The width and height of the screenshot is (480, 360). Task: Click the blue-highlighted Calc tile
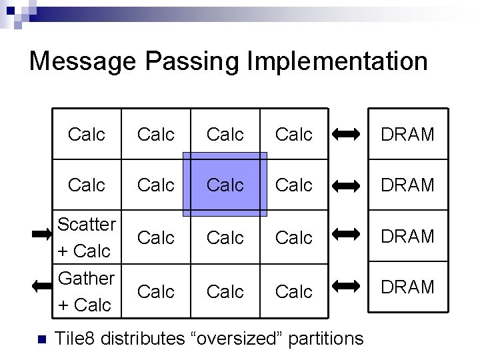(225, 185)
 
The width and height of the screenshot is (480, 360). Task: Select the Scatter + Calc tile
(87, 237)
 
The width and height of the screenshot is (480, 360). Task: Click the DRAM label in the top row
(407, 135)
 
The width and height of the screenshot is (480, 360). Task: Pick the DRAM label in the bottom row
(407, 287)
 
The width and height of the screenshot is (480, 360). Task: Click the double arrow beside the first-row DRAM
(346, 135)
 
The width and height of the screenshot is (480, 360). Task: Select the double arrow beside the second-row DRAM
(346, 185)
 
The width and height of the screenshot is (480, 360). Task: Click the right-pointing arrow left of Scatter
(41, 234)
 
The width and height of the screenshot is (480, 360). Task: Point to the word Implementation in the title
(337, 61)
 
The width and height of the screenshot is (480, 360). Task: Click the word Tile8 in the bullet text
(75, 339)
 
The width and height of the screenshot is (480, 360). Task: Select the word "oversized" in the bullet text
(236, 339)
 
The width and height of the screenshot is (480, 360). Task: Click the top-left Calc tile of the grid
(87, 135)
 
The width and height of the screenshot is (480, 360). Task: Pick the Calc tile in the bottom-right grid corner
(293, 291)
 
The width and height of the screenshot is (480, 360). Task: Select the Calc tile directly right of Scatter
(155, 237)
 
